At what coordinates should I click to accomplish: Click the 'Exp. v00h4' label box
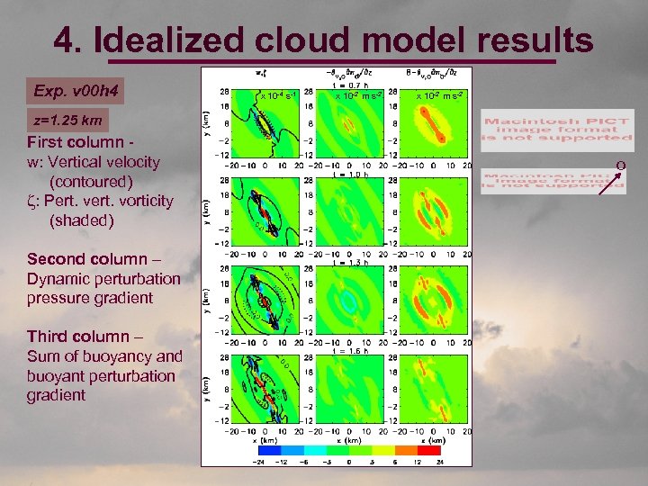pyautogui.click(x=76, y=91)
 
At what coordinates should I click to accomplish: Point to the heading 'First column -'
pyautogui.click(x=80, y=142)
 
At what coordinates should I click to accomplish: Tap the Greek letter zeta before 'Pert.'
pyautogui.click(x=31, y=200)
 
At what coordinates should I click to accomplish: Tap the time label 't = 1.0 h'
pyautogui.click(x=346, y=175)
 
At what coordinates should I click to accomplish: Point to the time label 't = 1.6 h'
pyautogui.click(x=346, y=351)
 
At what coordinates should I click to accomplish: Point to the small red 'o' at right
pyautogui.click(x=620, y=165)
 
